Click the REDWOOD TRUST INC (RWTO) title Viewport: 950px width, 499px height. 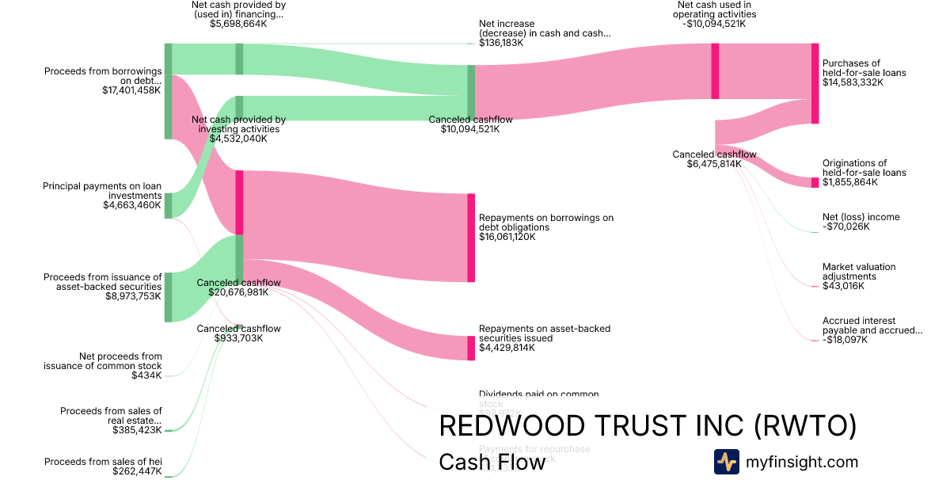coord(648,425)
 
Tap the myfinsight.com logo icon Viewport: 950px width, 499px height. coord(726,462)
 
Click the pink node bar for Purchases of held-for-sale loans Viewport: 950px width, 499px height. coord(815,83)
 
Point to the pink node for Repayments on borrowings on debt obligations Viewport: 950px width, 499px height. coord(471,237)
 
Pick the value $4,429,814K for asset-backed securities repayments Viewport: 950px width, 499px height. coord(507,348)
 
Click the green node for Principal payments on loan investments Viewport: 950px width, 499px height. coord(168,205)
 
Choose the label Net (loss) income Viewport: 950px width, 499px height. coord(861,217)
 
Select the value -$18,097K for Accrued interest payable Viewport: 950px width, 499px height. coord(845,340)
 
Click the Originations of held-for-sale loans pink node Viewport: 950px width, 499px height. coord(815,183)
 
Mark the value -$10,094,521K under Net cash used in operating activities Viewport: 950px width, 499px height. coord(716,24)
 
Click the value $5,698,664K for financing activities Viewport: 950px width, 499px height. coord(238,24)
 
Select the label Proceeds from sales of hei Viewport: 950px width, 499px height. coord(103,462)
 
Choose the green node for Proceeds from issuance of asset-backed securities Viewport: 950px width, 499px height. coord(168,296)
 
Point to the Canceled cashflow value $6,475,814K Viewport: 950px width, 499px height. coord(714,164)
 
